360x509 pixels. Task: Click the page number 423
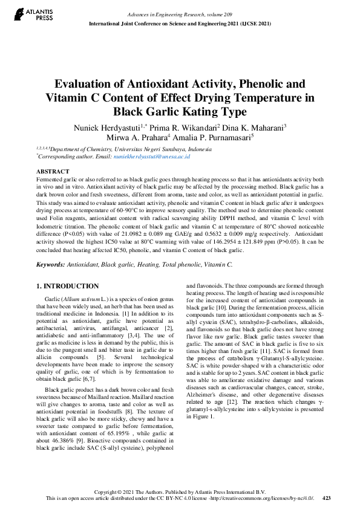coord(327,498)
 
